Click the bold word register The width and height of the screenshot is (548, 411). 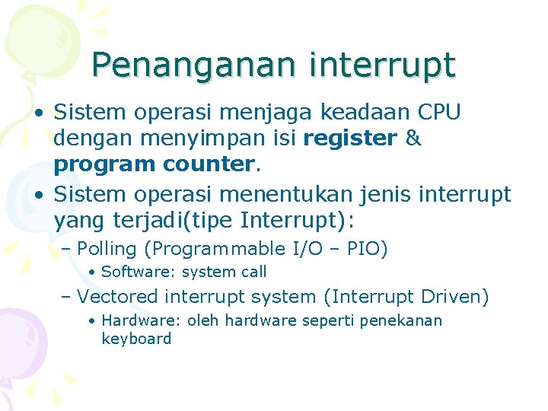point(350,139)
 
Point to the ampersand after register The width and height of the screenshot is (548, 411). point(413,139)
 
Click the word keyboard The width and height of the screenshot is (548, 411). point(136,339)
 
